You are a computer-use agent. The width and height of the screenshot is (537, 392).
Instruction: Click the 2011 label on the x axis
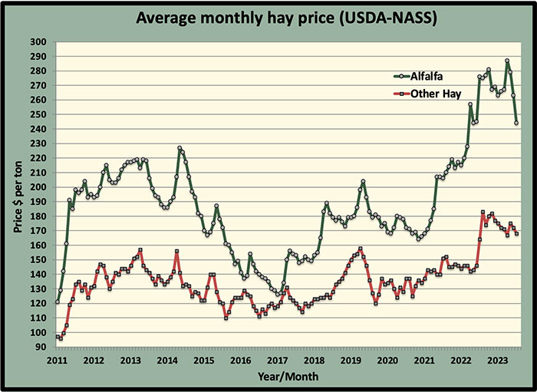[57, 361]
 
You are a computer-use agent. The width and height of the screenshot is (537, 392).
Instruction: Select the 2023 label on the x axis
[497, 361]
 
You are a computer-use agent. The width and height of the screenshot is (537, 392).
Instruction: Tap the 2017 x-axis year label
[277, 361]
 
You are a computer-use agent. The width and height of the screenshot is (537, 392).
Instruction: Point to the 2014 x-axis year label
[167, 361]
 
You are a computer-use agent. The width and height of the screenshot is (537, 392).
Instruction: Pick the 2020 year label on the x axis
[387, 361]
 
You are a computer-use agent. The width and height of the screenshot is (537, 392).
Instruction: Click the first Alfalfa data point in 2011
[57, 302]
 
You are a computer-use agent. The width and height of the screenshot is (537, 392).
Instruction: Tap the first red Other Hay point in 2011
[57, 337]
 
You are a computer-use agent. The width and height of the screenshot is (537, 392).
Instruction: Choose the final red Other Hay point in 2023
[516, 234]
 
